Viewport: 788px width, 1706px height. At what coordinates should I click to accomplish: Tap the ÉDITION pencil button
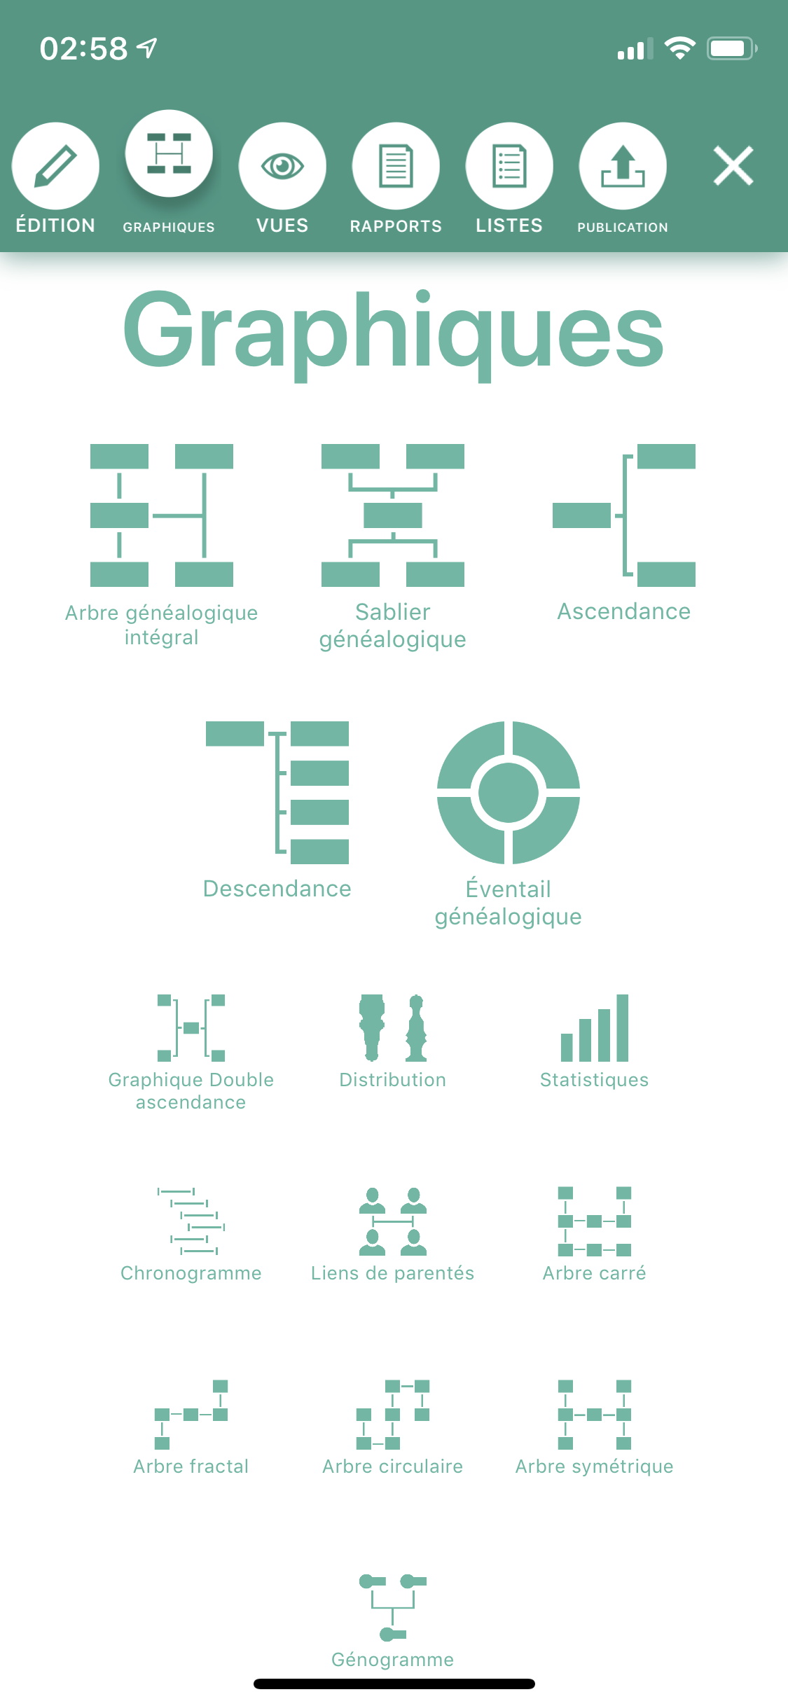click(x=55, y=166)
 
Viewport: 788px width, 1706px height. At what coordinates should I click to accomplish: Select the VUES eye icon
click(x=282, y=166)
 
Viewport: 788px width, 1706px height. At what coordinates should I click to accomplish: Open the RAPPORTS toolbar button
click(x=396, y=166)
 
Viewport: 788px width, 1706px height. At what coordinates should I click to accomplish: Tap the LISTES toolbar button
click(x=509, y=166)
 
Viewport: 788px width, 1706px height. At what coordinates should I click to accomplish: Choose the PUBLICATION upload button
click(x=623, y=166)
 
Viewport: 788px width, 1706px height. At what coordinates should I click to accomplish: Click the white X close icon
click(x=733, y=166)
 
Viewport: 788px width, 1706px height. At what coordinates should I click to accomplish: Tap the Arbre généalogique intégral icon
click(x=162, y=515)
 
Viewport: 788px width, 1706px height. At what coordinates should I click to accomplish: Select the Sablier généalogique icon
click(x=393, y=515)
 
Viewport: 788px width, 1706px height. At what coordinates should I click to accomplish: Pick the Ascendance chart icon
click(x=624, y=515)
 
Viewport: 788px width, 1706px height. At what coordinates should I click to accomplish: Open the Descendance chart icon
click(x=277, y=793)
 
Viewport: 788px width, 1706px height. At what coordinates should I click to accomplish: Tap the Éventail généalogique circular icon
click(x=509, y=793)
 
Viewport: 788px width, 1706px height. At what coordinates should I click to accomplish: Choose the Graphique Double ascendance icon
click(x=191, y=1028)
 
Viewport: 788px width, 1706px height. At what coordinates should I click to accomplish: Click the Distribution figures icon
click(x=393, y=1028)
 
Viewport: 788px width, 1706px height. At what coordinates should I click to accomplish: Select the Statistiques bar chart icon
click(x=595, y=1028)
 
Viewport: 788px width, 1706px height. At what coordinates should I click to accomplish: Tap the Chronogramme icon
click(x=191, y=1221)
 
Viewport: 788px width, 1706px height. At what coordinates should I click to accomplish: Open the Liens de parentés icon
click(x=393, y=1221)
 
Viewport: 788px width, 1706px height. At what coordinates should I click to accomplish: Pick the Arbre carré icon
click(x=595, y=1221)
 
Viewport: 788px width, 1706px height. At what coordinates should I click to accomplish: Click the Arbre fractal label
click(x=191, y=1466)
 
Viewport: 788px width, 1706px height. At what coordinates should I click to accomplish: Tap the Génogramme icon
click(x=393, y=1608)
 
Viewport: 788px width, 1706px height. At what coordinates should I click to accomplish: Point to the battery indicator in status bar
click(x=732, y=48)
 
